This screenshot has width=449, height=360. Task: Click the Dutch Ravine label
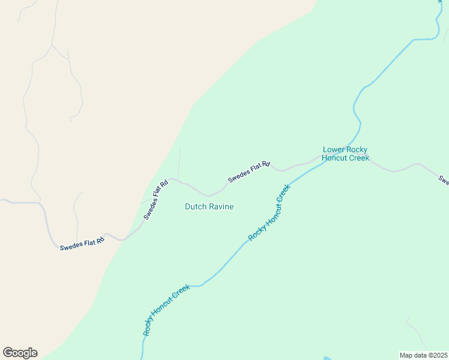pos(209,206)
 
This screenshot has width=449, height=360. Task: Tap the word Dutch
pos(195,206)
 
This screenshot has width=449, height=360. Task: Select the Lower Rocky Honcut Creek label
pos(345,154)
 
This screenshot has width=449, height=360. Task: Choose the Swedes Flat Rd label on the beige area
pos(82,242)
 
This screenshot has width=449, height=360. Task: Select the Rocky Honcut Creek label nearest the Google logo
pos(166,309)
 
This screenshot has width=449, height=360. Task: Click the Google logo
pos(20,353)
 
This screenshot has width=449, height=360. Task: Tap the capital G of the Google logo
pos(8,353)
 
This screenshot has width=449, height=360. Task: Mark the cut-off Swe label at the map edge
pos(444,179)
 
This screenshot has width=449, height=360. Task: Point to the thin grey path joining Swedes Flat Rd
pos(179,162)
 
